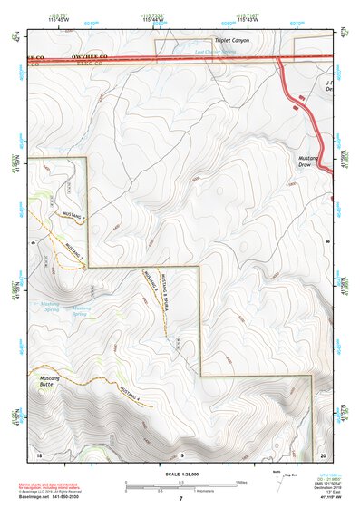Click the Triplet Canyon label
pos(230,41)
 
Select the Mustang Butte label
pos(49,380)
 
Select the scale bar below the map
pos(180,487)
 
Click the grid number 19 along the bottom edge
pos(180,454)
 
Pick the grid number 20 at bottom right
pos(323,454)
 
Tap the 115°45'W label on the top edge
pos(58,18)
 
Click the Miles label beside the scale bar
pos(242,483)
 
